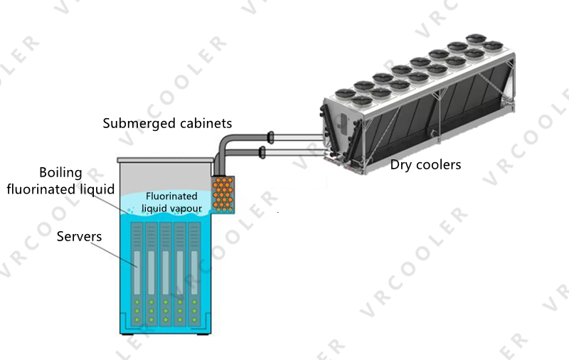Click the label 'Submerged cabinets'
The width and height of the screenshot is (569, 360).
tap(167, 124)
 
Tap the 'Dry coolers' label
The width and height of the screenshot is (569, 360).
tap(425, 165)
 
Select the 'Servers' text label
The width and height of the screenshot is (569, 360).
tap(80, 235)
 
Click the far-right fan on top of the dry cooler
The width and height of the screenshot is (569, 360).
tap(491, 46)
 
